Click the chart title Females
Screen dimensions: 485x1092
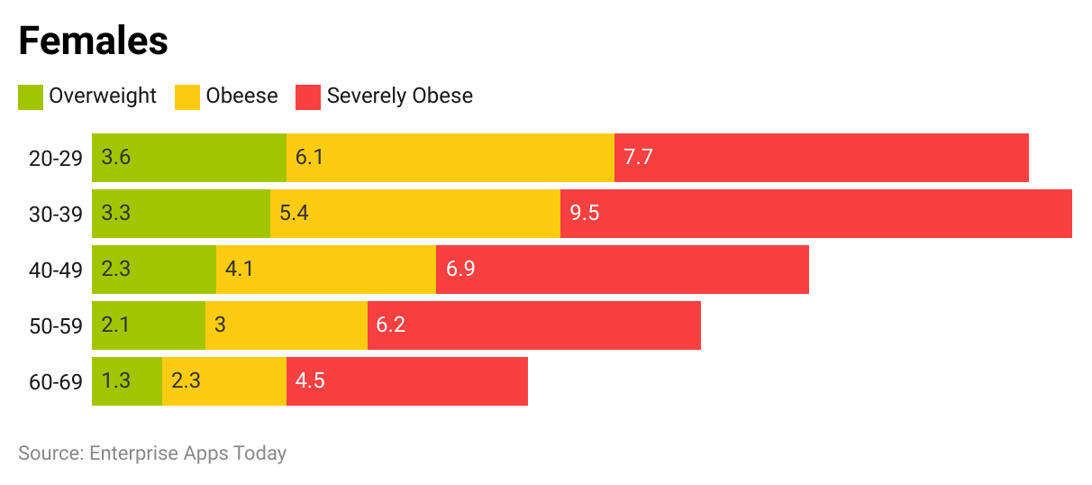93,41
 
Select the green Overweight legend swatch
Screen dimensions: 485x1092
31,96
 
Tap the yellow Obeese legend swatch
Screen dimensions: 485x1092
187,96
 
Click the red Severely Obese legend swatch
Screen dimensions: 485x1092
308,96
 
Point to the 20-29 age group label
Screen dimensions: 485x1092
56,159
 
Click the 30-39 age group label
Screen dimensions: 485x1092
56,215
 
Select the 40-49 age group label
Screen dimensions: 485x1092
56,270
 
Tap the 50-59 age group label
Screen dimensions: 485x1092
56,326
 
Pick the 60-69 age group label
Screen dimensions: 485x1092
56,382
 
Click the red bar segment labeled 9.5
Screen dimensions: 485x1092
815,214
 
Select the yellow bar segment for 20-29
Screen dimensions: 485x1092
450,158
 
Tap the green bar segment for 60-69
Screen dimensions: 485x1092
127,381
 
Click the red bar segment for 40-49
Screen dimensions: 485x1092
622,270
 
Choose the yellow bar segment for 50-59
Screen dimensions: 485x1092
287,325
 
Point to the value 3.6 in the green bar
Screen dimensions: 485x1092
116,158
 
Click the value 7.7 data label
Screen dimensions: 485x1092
638,158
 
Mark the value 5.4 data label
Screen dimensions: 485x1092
295,214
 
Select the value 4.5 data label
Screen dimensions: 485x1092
310,381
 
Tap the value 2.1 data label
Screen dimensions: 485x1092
116,325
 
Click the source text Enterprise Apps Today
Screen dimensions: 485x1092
152,453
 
